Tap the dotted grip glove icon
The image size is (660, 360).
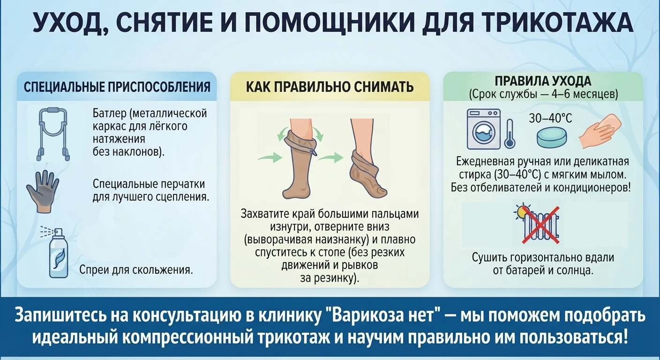pos(43,190)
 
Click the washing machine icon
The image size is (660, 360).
pos(483,129)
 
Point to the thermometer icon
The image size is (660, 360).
pos(510,134)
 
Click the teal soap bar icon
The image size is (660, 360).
pos(552,137)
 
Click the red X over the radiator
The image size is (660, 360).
pos(541,225)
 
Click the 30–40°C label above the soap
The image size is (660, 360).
pos(550,119)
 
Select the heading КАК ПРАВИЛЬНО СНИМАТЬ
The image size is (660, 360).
pos(330,87)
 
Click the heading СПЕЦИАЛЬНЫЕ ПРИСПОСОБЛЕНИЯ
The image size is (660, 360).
pos(117,87)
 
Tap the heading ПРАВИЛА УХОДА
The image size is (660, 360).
pos(543,81)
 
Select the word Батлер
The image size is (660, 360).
pos(109,113)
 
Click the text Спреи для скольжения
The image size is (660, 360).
pos(136,270)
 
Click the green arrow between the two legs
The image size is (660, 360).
pos(330,157)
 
